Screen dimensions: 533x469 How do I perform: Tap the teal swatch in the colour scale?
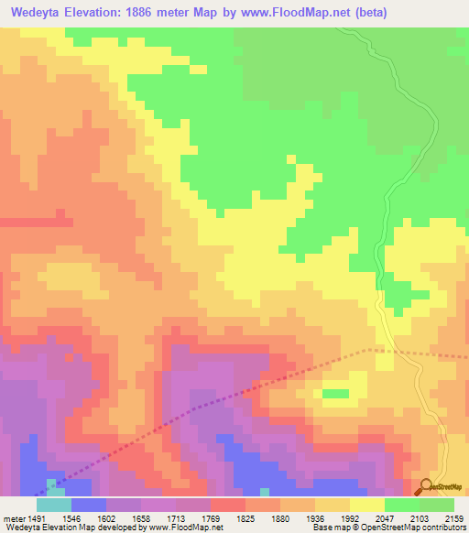click(53, 504)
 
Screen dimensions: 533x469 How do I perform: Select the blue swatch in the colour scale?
click(88, 504)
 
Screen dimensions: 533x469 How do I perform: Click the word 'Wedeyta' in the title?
click(35, 13)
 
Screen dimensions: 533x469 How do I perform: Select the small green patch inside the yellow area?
click(336, 394)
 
